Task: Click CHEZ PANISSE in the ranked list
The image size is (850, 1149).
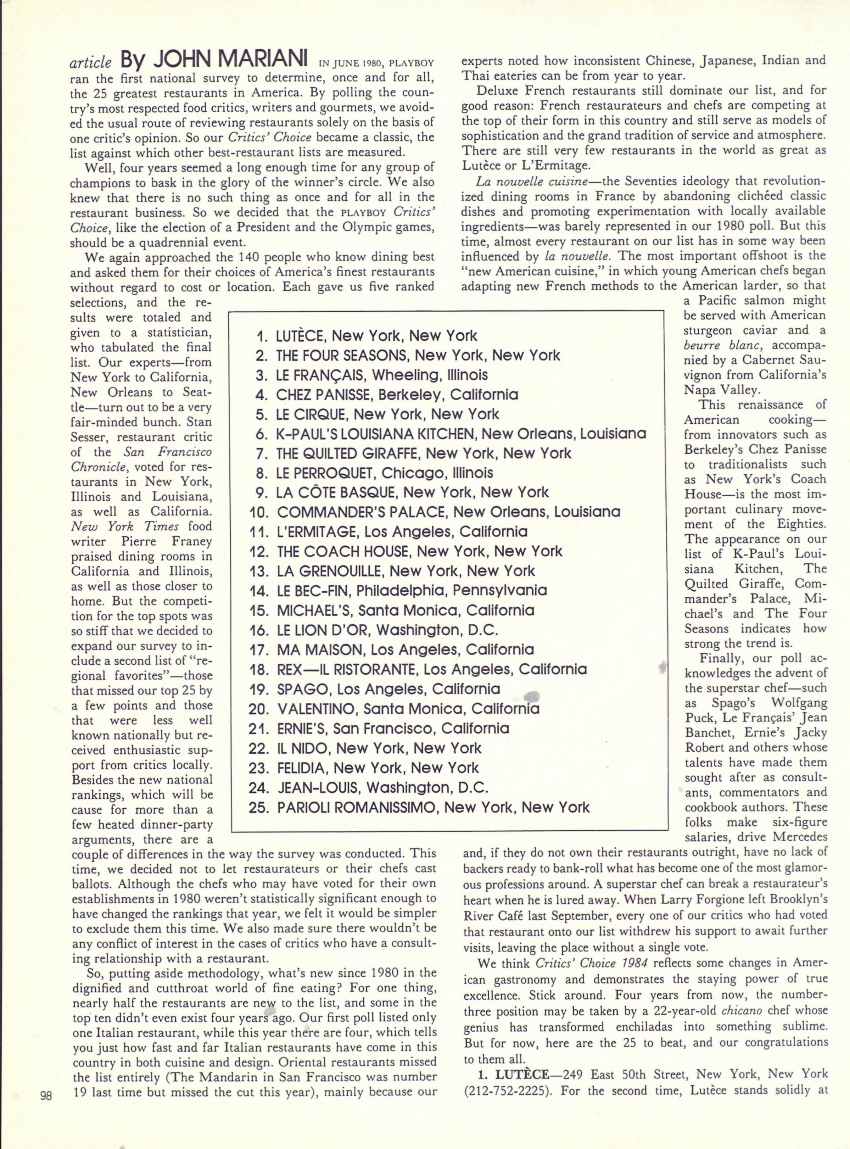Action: point(324,395)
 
